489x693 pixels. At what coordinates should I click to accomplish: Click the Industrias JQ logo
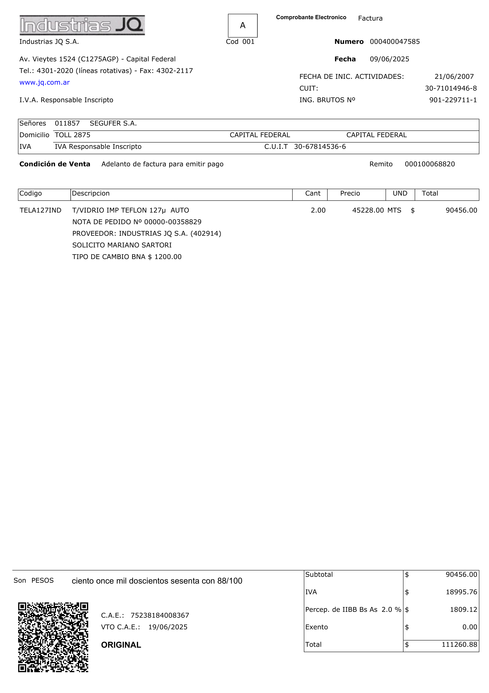tap(82, 25)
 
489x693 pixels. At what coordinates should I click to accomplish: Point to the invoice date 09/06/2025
tap(389, 59)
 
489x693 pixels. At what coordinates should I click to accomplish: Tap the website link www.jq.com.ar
tap(45, 82)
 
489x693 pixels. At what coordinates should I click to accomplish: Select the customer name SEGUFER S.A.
tap(113, 123)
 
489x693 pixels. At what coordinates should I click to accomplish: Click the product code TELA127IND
tap(40, 210)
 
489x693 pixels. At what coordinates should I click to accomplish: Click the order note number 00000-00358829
tap(173, 222)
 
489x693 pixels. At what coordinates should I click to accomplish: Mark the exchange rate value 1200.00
tap(168, 257)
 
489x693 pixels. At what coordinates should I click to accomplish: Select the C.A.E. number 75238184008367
tap(160, 615)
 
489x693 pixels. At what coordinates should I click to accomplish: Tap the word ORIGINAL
tap(121, 645)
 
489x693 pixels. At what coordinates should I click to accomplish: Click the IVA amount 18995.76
tap(461, 592)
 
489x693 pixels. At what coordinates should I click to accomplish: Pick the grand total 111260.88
tap(459, 645)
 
